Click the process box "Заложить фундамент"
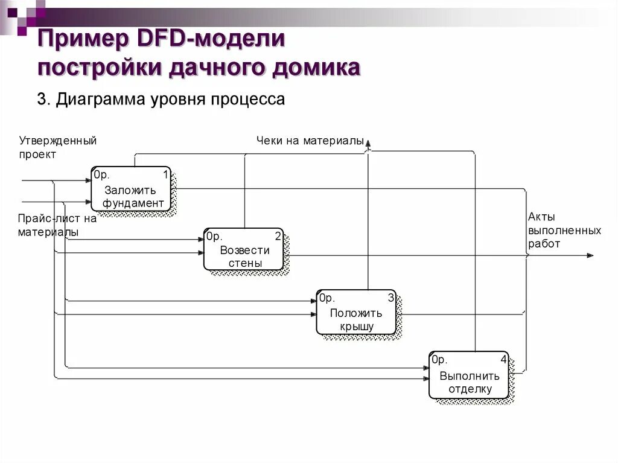[131, 189]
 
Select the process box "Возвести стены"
[243, 249]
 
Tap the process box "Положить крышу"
[356, 312]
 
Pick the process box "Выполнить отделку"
[469, 375]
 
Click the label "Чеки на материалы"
[310, 141]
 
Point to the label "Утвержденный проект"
[57, 147]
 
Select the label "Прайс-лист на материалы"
[57, 225]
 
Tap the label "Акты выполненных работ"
[564, 230]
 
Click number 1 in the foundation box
[165, 175]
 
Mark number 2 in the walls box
[278, 235]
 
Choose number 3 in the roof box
[390, 298]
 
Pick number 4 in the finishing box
[503, 360]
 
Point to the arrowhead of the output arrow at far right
[590, 255]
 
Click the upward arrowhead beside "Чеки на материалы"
[368, 142]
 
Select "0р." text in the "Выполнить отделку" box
[439, 360]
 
